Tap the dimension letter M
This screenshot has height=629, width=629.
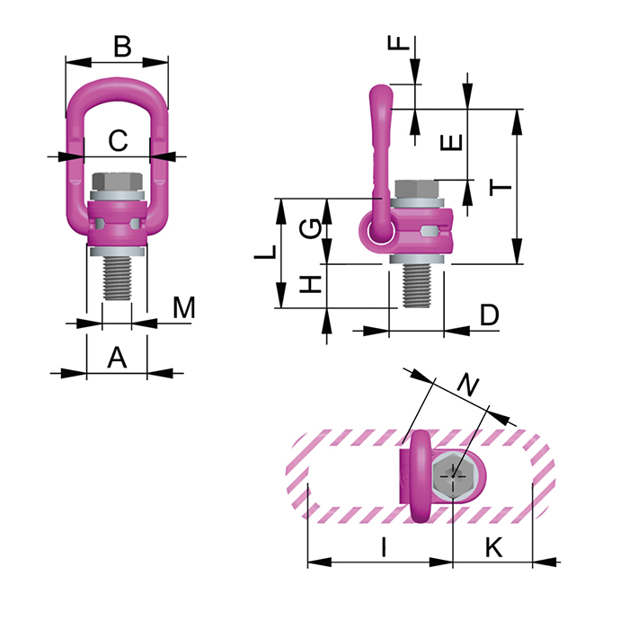click(x=183, y=308)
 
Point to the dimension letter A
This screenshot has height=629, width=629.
click(x=117, y=358)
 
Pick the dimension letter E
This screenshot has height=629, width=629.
click(x=454, y=142)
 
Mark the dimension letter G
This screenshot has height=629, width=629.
click(x=309, y=228)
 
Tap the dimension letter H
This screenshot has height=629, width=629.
click(x=309, y=285)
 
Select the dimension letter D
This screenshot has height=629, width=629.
click(x=489, y=314)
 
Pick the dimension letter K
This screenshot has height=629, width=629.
click(x=492, y=545)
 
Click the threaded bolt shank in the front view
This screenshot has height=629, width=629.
click(x=118, y=279)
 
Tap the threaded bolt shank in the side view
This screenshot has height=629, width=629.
click(x=417, y=285)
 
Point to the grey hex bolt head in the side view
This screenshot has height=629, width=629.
click(x=416, y=189)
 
